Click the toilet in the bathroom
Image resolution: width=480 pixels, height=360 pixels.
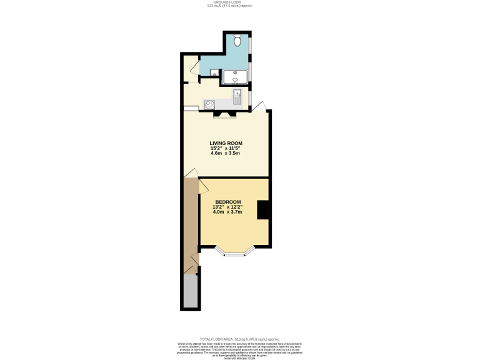pos(238,41)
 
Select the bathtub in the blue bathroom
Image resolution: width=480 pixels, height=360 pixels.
pos(237,78)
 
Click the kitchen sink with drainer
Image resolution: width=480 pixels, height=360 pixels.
pos(237,97)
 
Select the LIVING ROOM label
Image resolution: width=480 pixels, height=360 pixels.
pos(226,143)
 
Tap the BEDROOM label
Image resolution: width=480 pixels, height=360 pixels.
pos(227,201)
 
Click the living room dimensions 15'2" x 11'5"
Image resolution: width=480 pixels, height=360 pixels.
pos(226,148)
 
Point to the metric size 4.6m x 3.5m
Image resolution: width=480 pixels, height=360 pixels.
pos(226,154)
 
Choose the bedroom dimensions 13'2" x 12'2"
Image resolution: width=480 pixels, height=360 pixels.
pos(227,207)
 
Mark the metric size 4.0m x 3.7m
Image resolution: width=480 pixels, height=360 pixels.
pos(227,212)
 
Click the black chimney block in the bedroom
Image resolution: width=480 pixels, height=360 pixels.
pos(264,209)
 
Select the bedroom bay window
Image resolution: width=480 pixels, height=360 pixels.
pos(235,252)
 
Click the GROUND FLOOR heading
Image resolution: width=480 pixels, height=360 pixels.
pos(239,2)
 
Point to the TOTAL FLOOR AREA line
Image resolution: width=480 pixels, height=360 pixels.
pos(239,338)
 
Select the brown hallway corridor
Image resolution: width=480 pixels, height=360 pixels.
pos(191,225)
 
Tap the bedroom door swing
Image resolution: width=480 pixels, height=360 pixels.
pos(204,185)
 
